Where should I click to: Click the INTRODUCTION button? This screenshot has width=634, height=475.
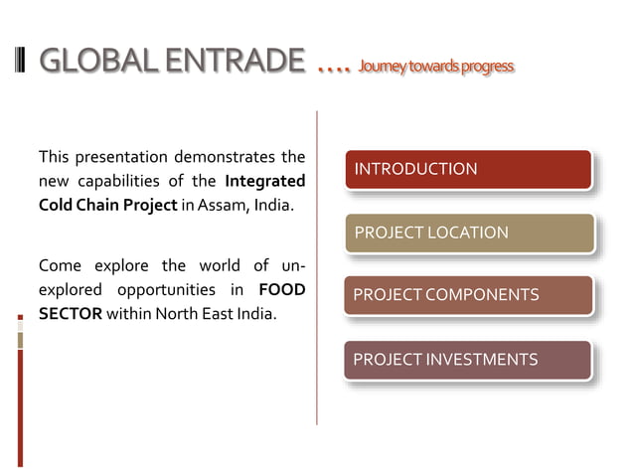(468, 169)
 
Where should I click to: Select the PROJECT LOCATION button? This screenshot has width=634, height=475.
(468, 233)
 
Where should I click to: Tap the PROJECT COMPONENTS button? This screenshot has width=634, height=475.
(468, 295)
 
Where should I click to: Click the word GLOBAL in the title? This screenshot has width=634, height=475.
(97, 62)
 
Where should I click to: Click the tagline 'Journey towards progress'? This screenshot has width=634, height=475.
(436, 67)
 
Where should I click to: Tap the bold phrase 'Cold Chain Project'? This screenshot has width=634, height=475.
(93, 205)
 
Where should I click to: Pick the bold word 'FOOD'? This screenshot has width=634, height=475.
(281, 290)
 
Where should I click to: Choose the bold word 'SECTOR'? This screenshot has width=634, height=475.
(70, 314)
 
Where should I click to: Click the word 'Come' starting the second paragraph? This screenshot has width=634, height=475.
(59, 265)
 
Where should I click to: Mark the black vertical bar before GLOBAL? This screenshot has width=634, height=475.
(22, 62)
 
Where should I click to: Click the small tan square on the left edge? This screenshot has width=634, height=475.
(20, 340)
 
